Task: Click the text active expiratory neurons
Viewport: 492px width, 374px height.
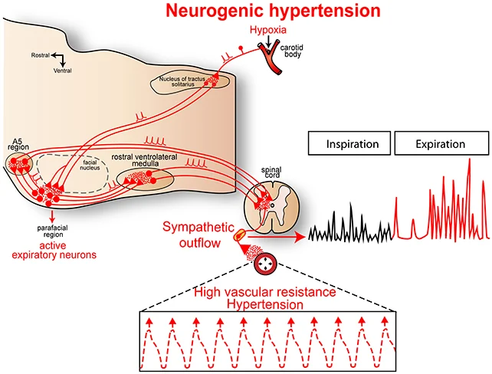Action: tap(48, 251)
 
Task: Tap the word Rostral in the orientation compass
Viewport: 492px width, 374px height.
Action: tap(41, 56)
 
